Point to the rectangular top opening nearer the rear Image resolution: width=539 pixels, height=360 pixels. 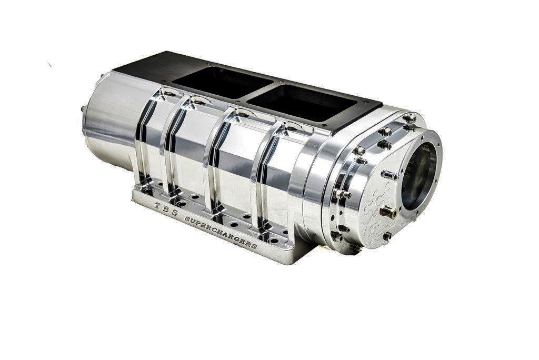[221, 82]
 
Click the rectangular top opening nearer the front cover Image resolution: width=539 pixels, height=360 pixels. [295, 103]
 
